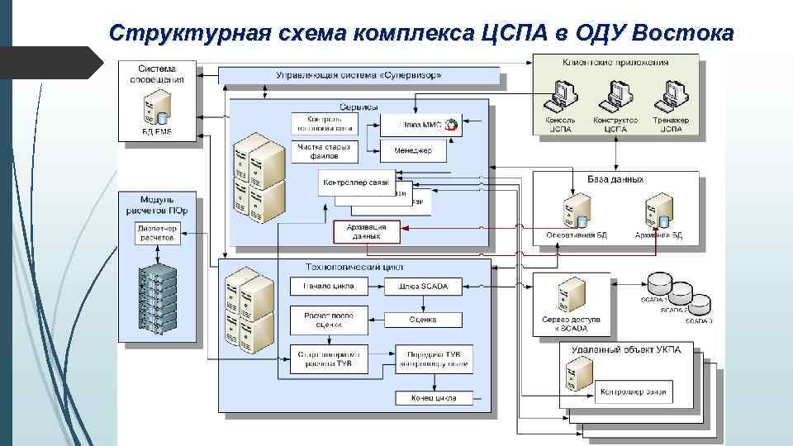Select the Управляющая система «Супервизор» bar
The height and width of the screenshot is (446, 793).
point(359,76)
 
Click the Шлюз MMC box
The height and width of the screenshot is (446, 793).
point(420,125)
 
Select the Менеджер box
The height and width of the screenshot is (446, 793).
point(412,151)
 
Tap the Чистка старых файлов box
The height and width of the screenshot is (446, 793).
point(324,151)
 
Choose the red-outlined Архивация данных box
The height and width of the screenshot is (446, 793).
point(367,230)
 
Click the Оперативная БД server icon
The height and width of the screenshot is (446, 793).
point(576,211)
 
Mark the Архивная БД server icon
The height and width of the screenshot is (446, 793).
point(658,211)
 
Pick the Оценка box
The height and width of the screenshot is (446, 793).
point(423,320)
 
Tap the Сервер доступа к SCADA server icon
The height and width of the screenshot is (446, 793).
point(571,292)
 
